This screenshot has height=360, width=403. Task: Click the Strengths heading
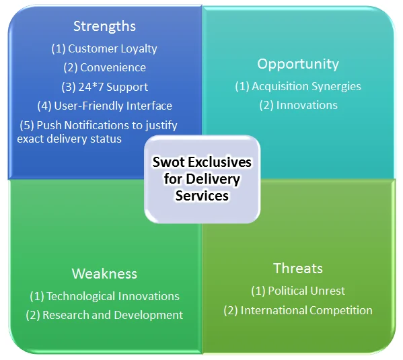(x=104, y=26)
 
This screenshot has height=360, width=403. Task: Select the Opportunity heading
(x=298, y=65)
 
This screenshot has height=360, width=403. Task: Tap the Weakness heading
(x=104, y=274)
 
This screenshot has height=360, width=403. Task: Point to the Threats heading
(x=298, y=268)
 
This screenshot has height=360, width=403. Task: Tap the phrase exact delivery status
(x=69, y=139)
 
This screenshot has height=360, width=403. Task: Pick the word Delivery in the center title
(x=213, y=179)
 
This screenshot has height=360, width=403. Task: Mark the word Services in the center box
(x=202, y=196)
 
